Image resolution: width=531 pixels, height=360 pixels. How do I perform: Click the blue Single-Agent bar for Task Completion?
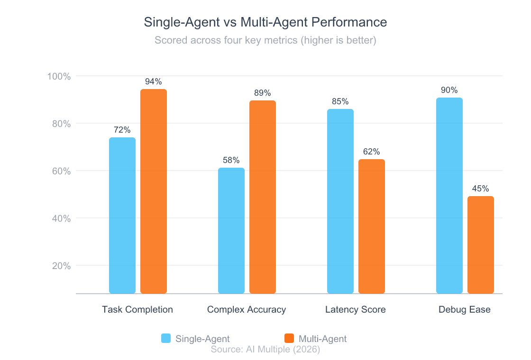pyautogui.click(x=122, y=216)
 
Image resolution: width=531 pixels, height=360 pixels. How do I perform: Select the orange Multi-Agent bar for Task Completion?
pyautogui.click(x=154, y=191)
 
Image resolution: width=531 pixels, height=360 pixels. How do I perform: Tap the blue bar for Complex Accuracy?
pyautogui.click(x=231, y=231)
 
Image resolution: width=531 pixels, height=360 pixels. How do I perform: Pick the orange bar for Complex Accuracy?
pyautogui.click(x=263, y=197)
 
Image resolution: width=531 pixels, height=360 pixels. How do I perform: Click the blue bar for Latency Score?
pyautogui.click(x=340, y=201)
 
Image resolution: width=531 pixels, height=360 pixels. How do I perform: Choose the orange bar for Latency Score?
pyautogui.click(x=372, y=226)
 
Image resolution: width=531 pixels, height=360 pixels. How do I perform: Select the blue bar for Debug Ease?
pyautogui.click(x=449, y=196)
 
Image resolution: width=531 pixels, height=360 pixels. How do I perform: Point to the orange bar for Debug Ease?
pyautogui.click(x=481, y=245)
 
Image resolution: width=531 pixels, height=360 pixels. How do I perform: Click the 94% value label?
pyautogui.click(x=154, y=81)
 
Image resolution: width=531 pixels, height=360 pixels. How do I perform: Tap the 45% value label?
pyautogui.click(x=481, y=189)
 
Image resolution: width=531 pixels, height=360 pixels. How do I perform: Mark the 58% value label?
pyautogui.click(x=231, y=160)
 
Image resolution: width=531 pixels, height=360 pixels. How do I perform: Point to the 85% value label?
pyautogui.click(x=340, y=101)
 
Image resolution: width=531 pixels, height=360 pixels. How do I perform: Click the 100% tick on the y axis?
pyautogui.click(x=59, y=76)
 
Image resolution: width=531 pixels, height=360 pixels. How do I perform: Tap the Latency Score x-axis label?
pyautogui.click(x=356, y=310)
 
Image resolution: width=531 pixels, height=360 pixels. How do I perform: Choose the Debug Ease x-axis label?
pyautogui.click(x=465, y=310)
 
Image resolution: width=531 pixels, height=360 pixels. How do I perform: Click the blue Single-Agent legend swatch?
pyautogui.click(x=166, y=338)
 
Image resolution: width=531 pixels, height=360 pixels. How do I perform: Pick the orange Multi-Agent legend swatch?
pyautogui.click(x=289, y=338)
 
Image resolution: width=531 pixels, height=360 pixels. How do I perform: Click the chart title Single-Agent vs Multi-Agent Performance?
pyautogui.click(x=265, y=22)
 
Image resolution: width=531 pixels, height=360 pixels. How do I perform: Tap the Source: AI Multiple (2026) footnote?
pyautogui.click(x=265, y=350)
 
